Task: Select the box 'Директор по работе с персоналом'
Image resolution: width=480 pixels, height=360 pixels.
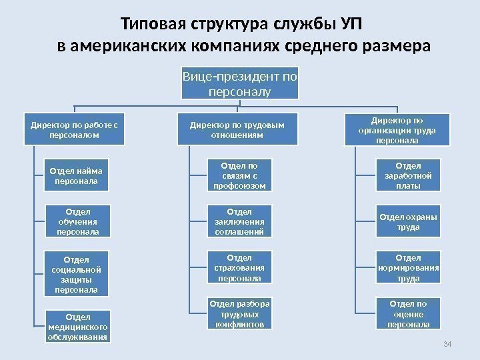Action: click(74, 129)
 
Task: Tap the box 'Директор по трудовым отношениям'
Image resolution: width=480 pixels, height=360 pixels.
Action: click(237, 129)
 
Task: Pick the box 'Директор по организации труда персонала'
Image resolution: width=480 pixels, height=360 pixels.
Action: click(397, 129)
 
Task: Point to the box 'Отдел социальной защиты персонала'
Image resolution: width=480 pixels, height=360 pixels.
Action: click(76, 273)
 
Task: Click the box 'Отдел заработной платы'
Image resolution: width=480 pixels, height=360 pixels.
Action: click(408, 175)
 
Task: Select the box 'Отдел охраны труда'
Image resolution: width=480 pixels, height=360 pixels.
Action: click(408, 221)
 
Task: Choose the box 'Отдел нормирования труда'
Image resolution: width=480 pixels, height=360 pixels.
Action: click(408, 267)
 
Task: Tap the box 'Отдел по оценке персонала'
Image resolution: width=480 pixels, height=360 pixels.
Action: click(408, 314)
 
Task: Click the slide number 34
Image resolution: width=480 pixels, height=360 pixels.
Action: click(447, 343)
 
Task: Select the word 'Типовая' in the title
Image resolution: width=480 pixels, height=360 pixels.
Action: click(149, 25)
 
